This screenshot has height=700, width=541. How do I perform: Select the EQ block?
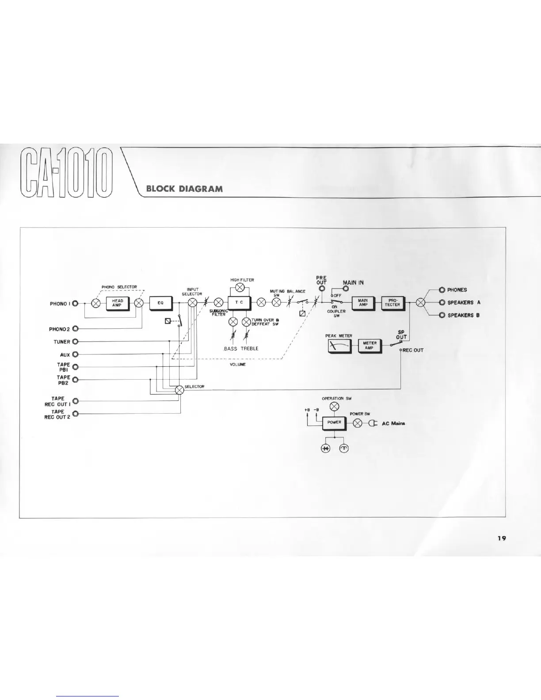[161, 303]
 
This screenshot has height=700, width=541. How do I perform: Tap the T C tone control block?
[239, 303]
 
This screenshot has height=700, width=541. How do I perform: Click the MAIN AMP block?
[363, 303]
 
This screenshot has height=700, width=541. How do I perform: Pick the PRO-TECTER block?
[392, 303]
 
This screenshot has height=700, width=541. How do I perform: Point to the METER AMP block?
[369, 345]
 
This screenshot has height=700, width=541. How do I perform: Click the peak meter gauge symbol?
[339, 346]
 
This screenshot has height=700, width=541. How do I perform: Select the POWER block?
[334, 423]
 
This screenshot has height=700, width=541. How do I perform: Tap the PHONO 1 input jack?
[75, 304]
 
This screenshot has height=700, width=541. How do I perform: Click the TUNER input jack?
[75, 342]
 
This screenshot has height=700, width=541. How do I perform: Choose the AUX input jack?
[75, 354]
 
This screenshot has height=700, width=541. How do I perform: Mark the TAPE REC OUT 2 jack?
[75, 414]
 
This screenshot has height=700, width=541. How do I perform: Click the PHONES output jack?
[442, 290]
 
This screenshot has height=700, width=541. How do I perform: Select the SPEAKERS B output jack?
[442, 315]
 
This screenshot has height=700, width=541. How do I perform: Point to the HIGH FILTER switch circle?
[240, 288]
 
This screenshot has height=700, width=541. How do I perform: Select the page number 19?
[501, 538]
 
